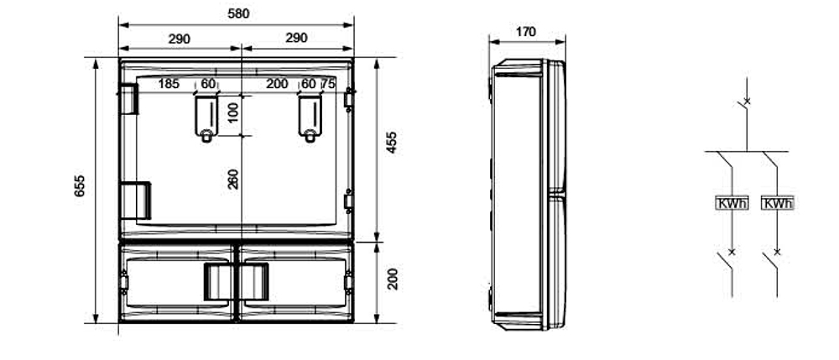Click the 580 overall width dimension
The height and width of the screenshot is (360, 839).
(x=238, y=14)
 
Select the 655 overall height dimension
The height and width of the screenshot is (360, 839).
(x=80, y=186)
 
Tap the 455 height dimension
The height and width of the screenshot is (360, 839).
(x=392, y=143)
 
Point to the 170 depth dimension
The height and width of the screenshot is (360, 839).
(x=526, y=32)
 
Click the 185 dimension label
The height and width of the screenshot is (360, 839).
(x=169, y=84)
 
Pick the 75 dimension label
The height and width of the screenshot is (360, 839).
(x=328, y=84)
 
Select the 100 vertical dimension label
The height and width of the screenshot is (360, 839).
(x=233, y=113)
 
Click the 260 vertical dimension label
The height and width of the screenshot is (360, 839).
(x=233, y=180)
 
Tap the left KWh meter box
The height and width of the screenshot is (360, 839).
(x=732, y=203)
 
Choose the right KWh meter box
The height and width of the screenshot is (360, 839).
(x=777, y=203)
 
